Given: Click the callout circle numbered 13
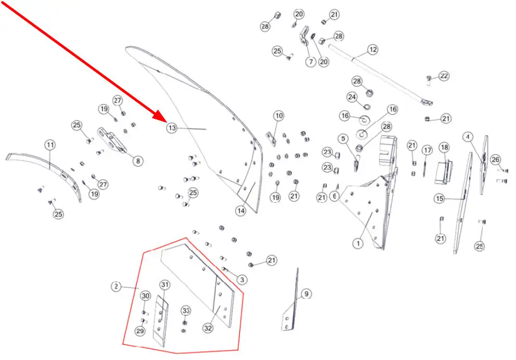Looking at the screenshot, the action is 172,128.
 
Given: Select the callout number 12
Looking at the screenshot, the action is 373,50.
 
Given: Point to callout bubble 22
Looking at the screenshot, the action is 444,76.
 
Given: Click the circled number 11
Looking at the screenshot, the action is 50,145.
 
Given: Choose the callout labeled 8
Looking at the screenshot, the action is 138,161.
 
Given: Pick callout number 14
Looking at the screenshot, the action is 240,211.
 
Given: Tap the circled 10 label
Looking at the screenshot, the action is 279,116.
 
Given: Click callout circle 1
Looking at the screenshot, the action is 358,244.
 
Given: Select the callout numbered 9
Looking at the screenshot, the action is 306,294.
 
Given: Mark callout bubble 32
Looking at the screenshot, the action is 208,328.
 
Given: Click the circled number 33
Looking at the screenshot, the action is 186,311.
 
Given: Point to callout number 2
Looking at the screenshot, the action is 116,287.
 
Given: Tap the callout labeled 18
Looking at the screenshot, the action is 444,147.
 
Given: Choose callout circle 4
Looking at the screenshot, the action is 468,137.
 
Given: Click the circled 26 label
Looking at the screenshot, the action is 495,160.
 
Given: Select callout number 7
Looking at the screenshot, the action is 311,62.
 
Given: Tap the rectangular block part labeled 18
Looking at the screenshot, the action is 443,172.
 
